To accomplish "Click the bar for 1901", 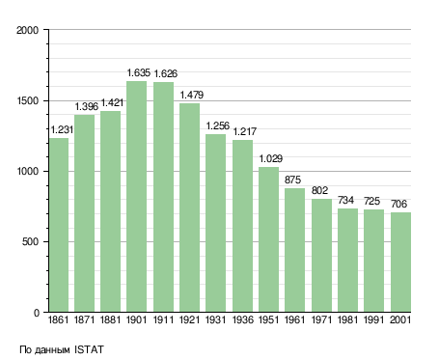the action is (136, 196).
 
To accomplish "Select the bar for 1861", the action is (59, 225).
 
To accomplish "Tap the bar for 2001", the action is (400, 262).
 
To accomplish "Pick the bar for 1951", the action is (268, 239).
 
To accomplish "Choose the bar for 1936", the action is (242, 226).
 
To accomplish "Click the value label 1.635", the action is (139, 72).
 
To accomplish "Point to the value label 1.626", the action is (165, 73).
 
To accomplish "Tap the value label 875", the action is (292, 180).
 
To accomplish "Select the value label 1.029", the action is (271, 158).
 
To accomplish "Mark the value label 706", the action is (398, 204).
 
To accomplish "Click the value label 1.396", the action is (87, 106).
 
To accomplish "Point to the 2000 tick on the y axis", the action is (28, 30).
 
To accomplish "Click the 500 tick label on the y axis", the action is (31, 241).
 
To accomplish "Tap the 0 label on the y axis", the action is (37, 313).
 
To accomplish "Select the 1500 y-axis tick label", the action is (28, 100).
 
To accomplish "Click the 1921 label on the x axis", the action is (190, 319).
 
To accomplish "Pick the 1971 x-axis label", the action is (321, 319).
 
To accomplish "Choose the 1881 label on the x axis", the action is (110, 319).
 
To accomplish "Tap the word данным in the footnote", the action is (52, 350).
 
